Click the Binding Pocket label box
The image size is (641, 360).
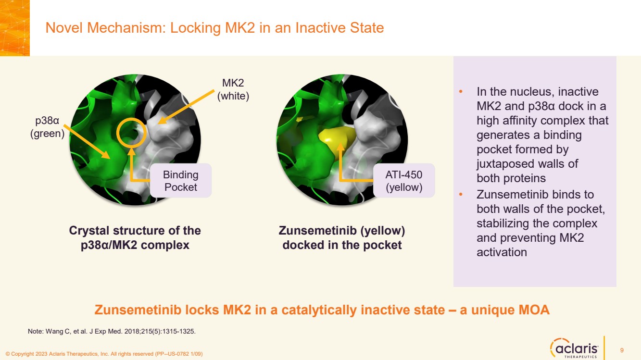pyautogui.click(x=181, y=180)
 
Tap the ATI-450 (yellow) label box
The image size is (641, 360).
pyautogui.click(x=404, y=180)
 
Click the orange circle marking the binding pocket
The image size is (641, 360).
pyautogui.click(x=132, y=119)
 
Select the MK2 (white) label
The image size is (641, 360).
pyautogui.click(x=233, y=89)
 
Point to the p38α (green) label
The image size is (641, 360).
pyautogui.click(x=47, y=127)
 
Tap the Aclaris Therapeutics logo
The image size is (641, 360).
pyautogui.click(x=574, y=348)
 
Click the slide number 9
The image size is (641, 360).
pyautogui.click(x=622, y=350)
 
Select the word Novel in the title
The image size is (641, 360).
pyautogui.click(x=64, y=28)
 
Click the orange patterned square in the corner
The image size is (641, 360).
pyautogui.click(x=15, y=28)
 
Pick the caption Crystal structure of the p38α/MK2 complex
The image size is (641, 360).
pyautogui.click(x=135, y=237)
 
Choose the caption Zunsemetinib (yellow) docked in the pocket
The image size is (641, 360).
pyautogui.click(x=342, y=237)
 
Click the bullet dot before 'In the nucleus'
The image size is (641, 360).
pyautogui.click(x=461, y=92)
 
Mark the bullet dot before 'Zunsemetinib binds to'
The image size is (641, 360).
pyautogui.click(x=461, y=195)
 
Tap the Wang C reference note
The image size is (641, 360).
pyautogui.click(x=112, y=332)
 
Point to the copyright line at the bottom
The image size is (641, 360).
pyautogui.click(x=104, y=354)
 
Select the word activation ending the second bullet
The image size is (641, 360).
pyautogui.click(x=502, y=252)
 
